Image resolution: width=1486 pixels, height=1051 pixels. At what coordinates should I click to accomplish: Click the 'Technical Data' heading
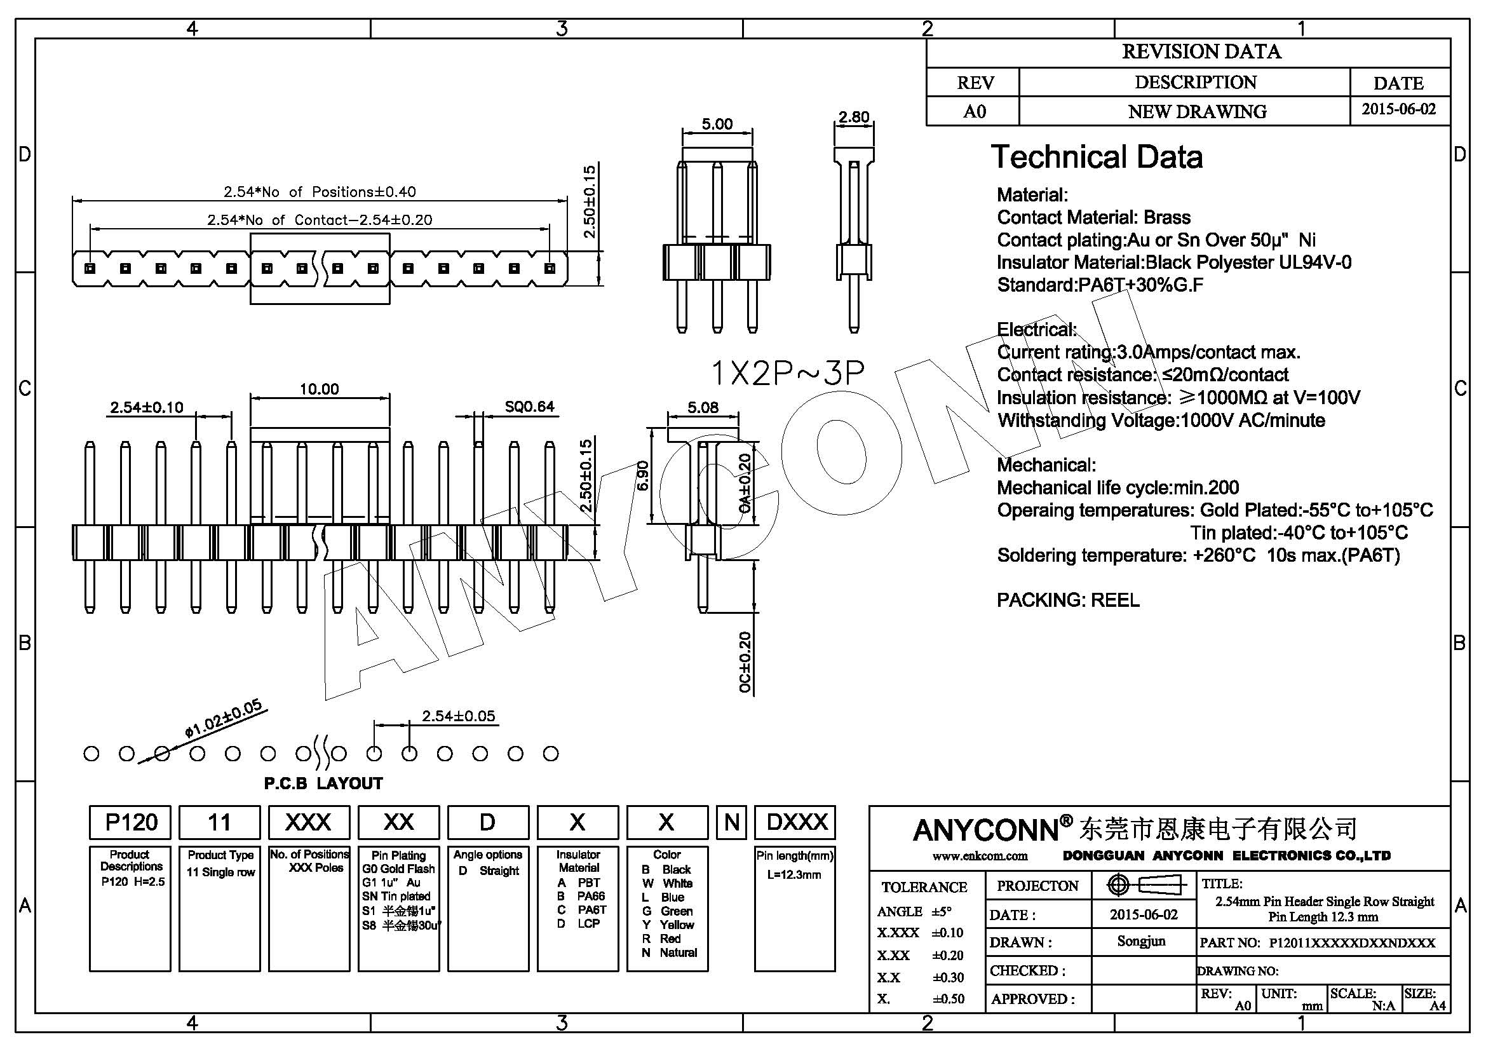pyautogui.click(x=1097, y=157)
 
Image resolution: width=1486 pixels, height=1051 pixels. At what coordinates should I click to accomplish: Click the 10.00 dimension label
pyautogui.click(x=318, y=389)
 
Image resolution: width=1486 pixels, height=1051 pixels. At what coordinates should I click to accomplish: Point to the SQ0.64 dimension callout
pyautogui.click(x=529, y=407)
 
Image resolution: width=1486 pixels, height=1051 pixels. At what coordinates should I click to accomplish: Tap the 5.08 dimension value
pyautogui.click(x=703, y=407)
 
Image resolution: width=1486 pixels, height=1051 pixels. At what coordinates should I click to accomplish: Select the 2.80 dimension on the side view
pyautogui.click(x=854, y=117)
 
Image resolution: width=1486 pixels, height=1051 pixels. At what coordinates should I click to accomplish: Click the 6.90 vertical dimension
pyautogui.click(x=643, y=476)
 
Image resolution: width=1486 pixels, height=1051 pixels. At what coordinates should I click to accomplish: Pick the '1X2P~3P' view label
pyautogui.click(x=787, y=373)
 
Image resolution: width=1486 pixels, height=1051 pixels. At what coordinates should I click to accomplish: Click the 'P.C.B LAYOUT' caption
pyautogui.click(x=323, y=783)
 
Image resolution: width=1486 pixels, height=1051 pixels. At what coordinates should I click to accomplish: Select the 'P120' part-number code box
pyautogui.click(x=130, y=822)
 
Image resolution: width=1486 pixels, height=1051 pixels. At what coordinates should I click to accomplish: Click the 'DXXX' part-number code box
pyautogui.click(x=795, y=822)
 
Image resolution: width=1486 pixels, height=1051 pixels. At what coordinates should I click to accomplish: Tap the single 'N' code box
pyautogui.click(x=731, y=822)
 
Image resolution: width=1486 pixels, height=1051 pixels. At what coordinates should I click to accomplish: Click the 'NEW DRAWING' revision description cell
pyautogui.click(x=1197, y=111)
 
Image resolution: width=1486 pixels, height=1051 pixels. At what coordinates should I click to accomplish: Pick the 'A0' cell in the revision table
pyautogui.click(x=974, y=111)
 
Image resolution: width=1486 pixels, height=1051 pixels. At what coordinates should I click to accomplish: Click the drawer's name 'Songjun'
pyautogui.click(x=1141, y=941)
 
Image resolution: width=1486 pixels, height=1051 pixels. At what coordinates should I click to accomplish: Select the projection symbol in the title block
pyautogui.click(x=1144, y=885)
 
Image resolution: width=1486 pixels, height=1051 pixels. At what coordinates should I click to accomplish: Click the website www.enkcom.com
pyautogui.click(x=979, y=855)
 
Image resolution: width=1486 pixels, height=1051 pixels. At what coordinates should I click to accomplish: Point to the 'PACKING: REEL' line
pyautogui.click(x=1068, y=600)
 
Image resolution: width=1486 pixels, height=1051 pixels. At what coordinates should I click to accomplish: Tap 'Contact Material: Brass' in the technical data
pyautogui.click(x=1093, y=217)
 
